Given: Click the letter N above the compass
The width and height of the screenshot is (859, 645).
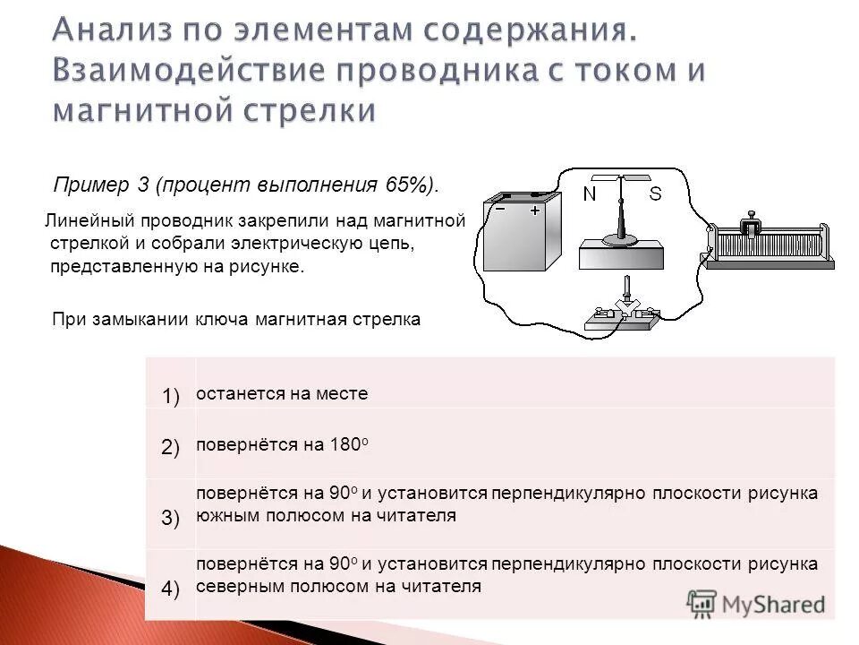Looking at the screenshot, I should coord(589,194).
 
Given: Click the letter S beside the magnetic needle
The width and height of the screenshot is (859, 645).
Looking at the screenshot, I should coord(655,194).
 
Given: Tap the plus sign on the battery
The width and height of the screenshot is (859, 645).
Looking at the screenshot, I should coord(535,210).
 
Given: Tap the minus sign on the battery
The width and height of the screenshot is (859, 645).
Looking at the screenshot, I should coord(500,208).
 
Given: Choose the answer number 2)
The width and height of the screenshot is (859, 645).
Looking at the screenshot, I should coord(171,448).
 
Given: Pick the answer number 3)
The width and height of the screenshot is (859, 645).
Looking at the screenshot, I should coord(171,518).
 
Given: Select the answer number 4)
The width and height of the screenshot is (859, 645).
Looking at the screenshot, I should coord(171,588).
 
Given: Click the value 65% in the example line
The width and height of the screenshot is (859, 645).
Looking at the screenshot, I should coord(408,185).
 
